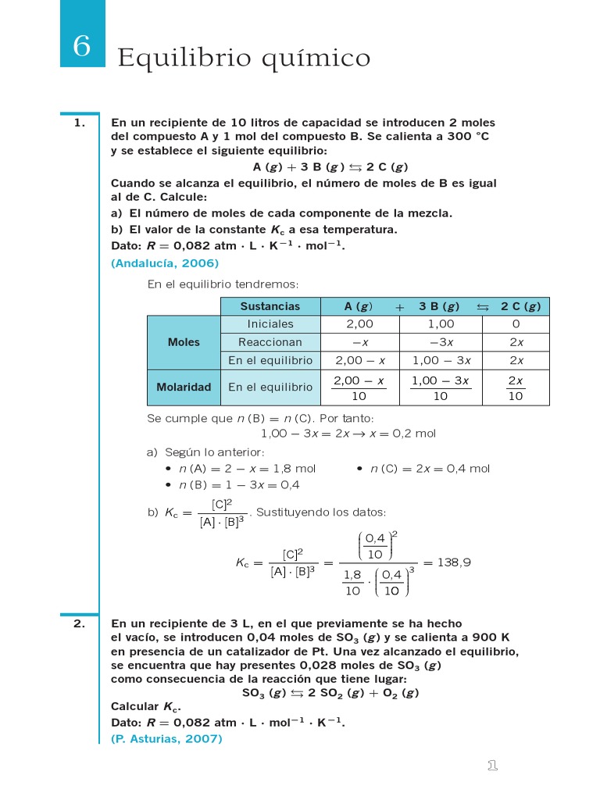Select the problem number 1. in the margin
79,123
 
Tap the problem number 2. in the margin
79,623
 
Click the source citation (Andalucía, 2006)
165,263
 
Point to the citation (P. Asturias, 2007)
166,737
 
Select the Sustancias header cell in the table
270,306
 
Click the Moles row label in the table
184,342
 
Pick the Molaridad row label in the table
184,387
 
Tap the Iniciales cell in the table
270,324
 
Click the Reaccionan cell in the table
270,342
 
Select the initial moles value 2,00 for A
359,324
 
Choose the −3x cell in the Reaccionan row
441,342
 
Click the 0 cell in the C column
516,324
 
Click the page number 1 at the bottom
492,766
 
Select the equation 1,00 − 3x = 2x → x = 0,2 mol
348,434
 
